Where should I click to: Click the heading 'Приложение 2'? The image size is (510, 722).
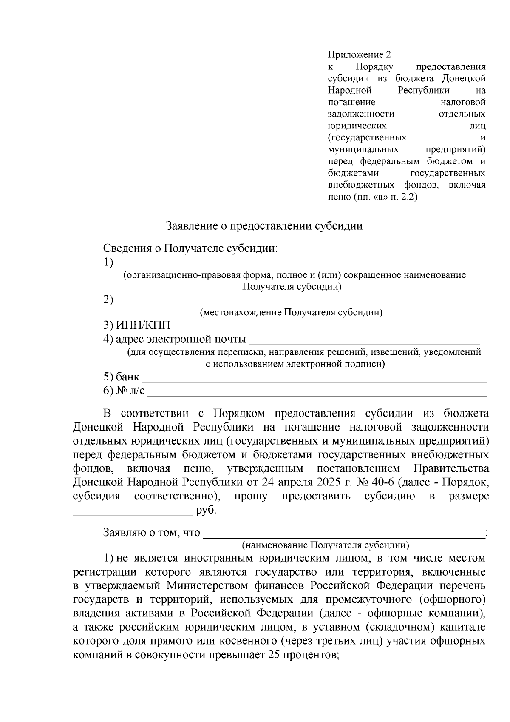(x=359, y=54)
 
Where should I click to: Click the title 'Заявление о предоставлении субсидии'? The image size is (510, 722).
(x=264, y=226)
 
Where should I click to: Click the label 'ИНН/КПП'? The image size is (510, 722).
(x=143, y=326)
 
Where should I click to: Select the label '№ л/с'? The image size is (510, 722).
(x=130, y=391)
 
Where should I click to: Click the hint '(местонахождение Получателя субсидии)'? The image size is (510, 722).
(x=291, y=313)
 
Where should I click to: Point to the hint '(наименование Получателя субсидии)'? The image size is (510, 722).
(x=325, y=545)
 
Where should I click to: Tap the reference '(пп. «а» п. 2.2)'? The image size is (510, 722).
(x=385, y=197)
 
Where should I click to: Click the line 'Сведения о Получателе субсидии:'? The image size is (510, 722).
(x=190, y=248)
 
